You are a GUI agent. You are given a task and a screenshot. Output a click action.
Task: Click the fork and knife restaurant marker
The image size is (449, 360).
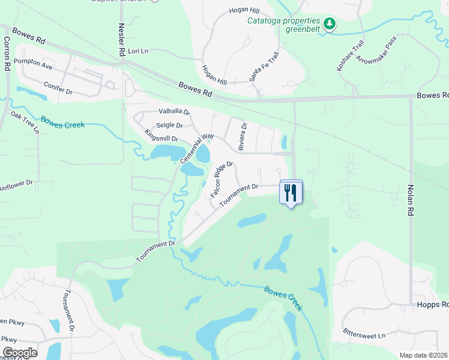(x=291, y=193)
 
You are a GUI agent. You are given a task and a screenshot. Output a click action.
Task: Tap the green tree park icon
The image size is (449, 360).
(x=329, y=24)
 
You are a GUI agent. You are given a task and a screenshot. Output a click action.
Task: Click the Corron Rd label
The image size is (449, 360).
(x=7, y=54)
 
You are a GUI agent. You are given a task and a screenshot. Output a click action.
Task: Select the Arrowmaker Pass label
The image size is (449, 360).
(x=377, y=50)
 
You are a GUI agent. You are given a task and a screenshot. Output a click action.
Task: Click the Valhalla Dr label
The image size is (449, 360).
(x=174, y=111)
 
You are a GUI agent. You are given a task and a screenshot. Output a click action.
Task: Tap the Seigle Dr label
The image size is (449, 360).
(x=169, y=125)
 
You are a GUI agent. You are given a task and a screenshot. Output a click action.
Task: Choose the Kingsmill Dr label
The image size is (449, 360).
(x=161, y=136)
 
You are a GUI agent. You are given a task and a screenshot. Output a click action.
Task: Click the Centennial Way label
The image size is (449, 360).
(x=197, y=147)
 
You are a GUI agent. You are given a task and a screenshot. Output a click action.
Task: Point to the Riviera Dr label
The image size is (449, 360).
(x=243, y=137)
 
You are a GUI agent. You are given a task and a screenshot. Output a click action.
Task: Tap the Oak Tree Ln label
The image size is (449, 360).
(x=25, y=122)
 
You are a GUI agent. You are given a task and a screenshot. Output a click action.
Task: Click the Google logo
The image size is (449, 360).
(x=20, y=353)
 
